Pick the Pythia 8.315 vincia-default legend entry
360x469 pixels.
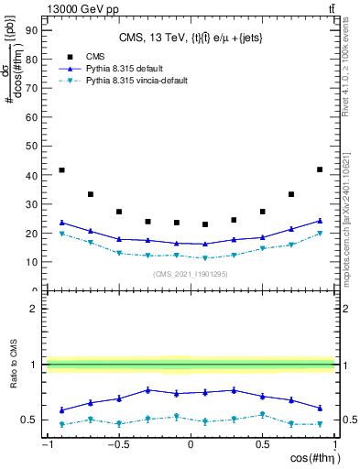[136, 81]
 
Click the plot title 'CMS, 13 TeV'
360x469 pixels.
[190, 38]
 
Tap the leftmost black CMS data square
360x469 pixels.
[61, 170]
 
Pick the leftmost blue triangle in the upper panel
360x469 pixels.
[61, 223]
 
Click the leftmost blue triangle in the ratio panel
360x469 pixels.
[61, 409]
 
